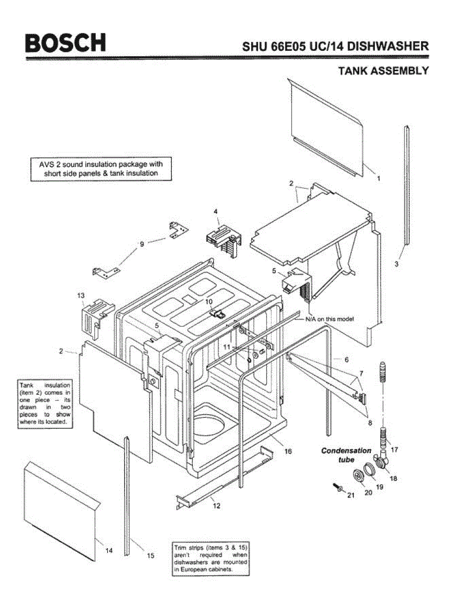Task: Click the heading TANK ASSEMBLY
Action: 383,70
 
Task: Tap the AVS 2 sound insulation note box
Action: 101,168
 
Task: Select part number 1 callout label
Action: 378,178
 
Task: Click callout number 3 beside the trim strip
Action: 397,264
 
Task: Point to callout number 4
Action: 216,211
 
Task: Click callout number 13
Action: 81,296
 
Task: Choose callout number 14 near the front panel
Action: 109,551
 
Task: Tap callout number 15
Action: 151,556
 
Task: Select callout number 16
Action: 288,451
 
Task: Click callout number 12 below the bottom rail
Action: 216,506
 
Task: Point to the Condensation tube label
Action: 346,454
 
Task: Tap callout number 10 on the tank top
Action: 209,301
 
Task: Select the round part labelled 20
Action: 358,476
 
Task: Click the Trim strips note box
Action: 210,559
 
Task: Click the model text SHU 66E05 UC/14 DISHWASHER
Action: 335,47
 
